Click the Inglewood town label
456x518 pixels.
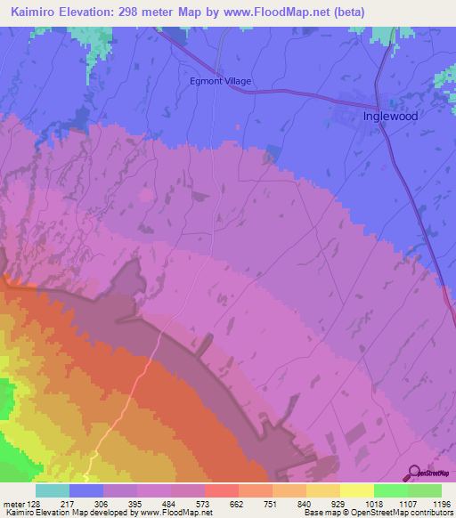click(390, 116)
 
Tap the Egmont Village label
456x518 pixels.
click(221, 81)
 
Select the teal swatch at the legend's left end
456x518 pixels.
click(53, 490)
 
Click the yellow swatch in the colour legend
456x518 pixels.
click(356, 490)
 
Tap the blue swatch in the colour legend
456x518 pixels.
click(86, 490)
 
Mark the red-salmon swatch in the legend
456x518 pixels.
click(221, 490)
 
